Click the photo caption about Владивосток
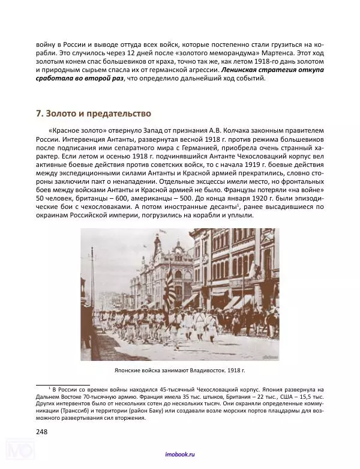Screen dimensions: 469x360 [179, 371]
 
